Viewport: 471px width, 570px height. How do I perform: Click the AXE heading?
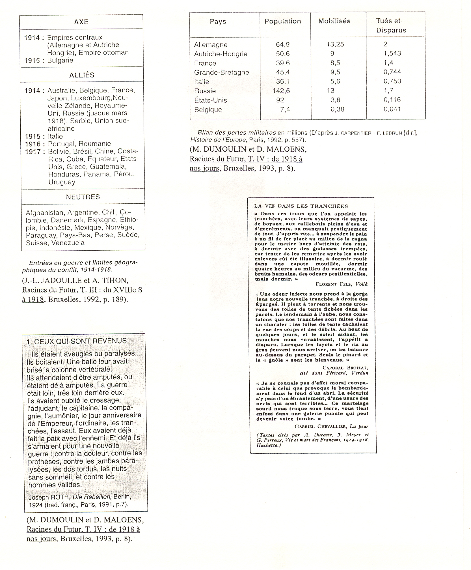(x=81, y=22)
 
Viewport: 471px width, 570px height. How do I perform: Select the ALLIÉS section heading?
(x=82, y=75)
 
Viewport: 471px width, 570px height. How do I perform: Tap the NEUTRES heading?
(x=83, y=197)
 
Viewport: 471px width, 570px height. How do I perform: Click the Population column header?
(x=282, y=21)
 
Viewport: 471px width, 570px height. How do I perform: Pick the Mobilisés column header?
(x=334, y=21)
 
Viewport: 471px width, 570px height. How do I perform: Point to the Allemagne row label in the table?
(x=211, y=45)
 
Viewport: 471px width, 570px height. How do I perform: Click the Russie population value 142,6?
(x=281, y=91)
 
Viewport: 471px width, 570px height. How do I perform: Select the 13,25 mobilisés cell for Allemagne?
(x=335, y=44)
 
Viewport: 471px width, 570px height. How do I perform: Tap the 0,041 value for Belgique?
(x=392, y=109)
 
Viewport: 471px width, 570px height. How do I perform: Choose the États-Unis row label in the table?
(x=210, y=100)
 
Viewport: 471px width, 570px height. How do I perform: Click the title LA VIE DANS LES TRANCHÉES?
(x=301, y=206)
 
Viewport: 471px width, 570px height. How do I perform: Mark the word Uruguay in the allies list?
(x=62, y=182)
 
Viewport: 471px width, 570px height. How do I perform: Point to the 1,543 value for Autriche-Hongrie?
(x=392, y=53)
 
